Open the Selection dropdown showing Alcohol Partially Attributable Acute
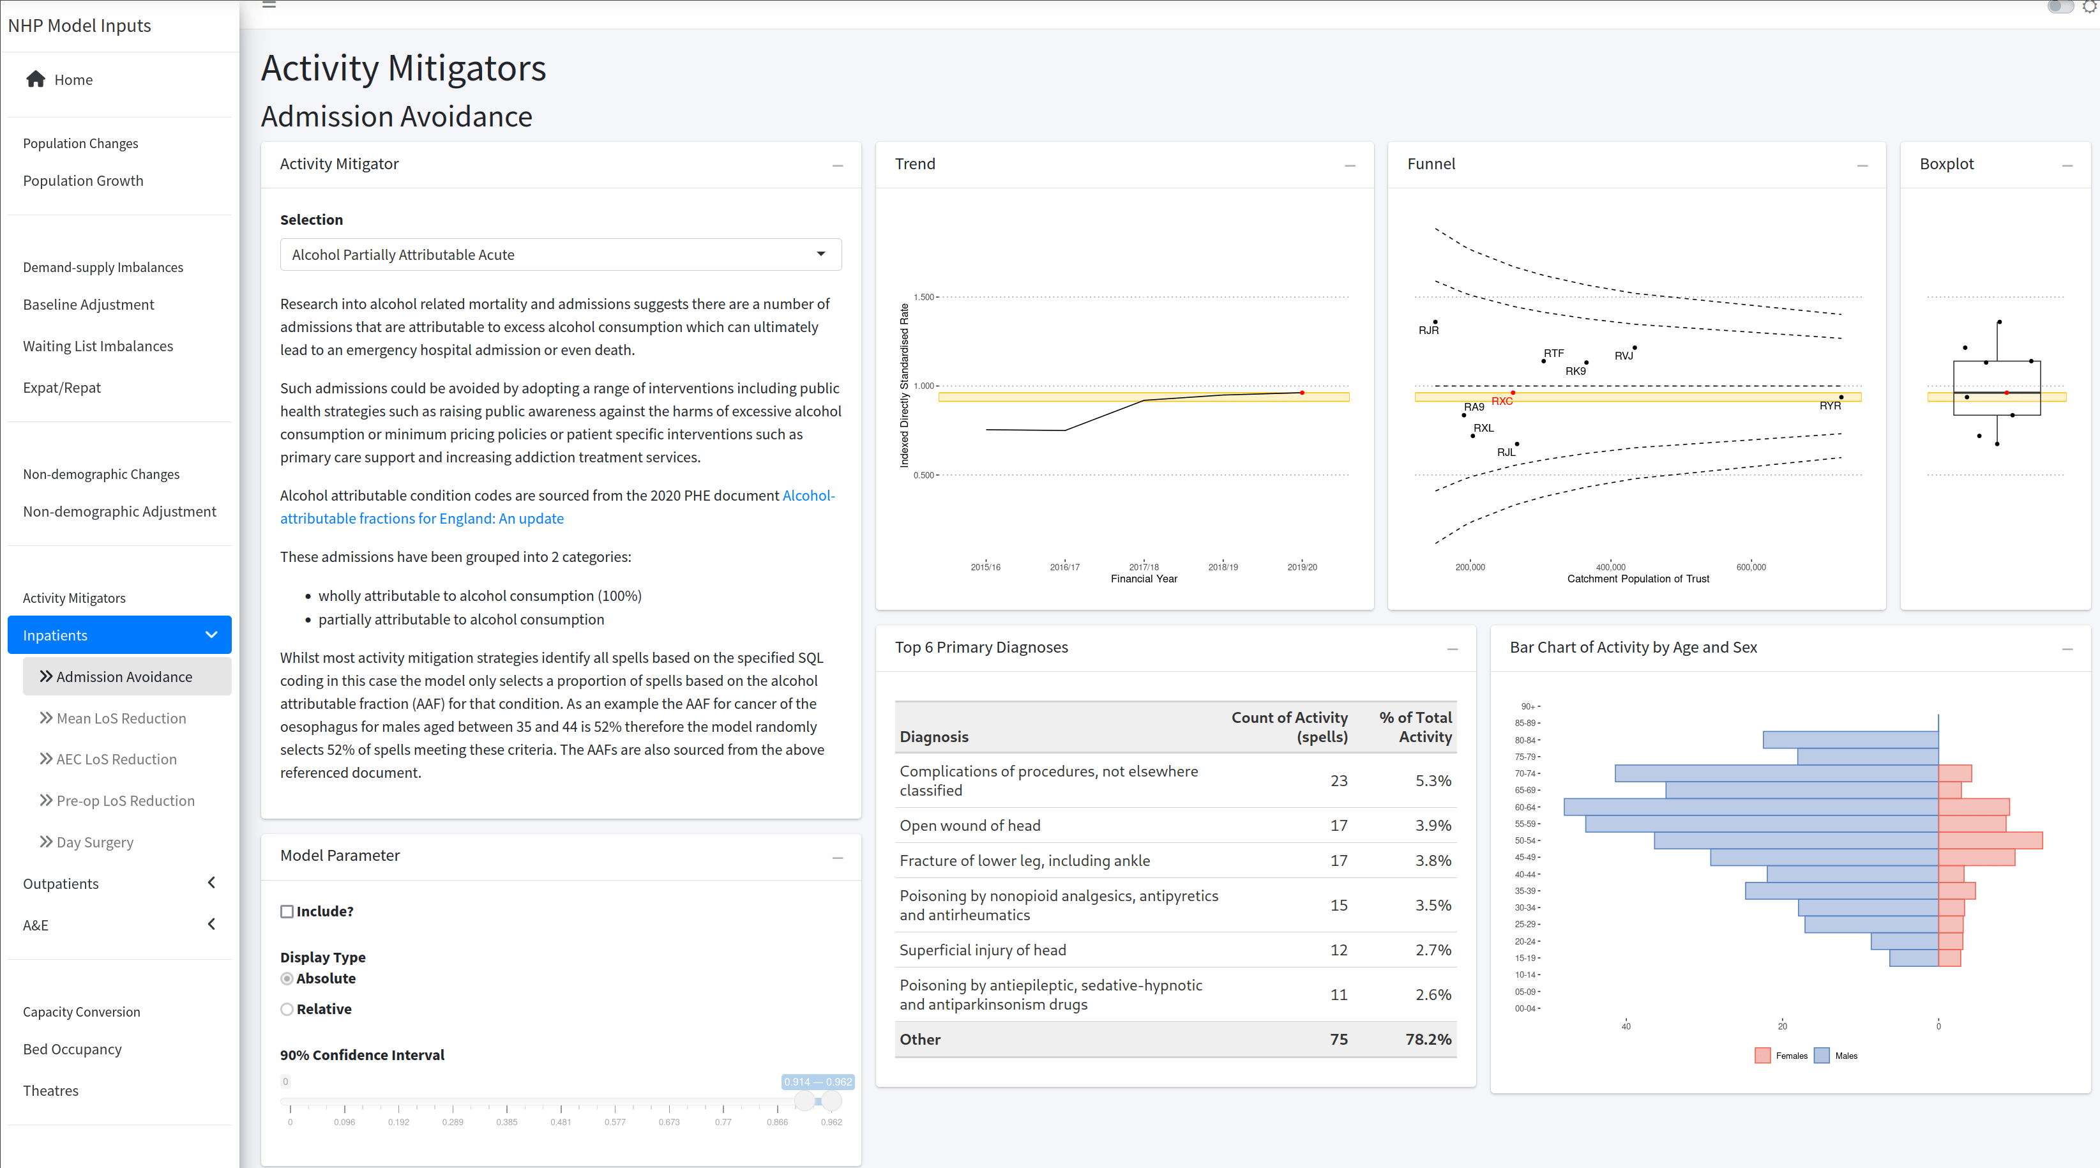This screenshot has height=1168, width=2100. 560,254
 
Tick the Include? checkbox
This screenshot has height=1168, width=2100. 287,911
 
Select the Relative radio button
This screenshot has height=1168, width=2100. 287,1009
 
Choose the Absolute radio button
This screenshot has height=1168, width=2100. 287,978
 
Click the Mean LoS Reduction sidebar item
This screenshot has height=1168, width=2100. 121,718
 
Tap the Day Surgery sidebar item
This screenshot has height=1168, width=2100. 94,842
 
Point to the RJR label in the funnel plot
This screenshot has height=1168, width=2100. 1428,330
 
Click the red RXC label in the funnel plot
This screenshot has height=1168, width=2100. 1502,401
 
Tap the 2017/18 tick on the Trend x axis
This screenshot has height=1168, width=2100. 1144,566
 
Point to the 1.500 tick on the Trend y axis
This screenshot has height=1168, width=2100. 924,297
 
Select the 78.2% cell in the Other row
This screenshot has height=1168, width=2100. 1428,1039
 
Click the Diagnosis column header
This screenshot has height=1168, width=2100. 934,736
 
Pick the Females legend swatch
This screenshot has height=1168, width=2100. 1762,1056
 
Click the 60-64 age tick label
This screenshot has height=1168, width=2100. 1525,807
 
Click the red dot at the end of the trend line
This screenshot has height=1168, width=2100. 1302,393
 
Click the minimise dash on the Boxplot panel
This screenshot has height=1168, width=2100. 2067,165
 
